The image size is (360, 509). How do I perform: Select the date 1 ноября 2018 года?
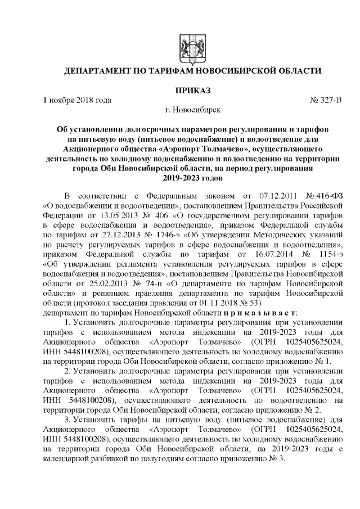(x=76, y=101)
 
